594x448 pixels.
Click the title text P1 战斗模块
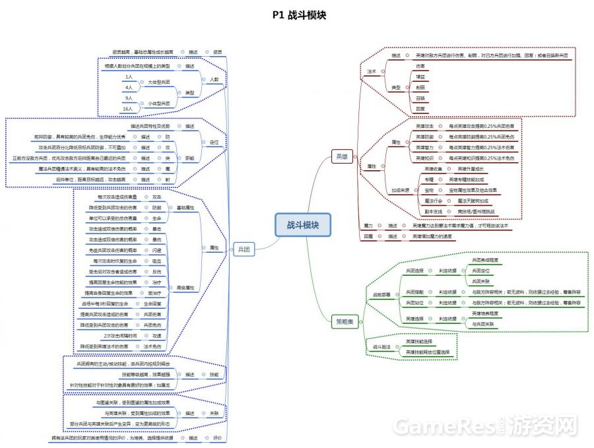click(x=298, y=15)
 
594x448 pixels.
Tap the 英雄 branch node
click(x=341, y=156)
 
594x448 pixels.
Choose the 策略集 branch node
click(x=345, y=322)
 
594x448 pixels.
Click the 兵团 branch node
click(x=242, y=249)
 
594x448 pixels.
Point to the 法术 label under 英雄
click(x=372, y=71)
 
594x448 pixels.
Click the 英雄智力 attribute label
click(x=424, y=147)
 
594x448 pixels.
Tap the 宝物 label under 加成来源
click(x=428, y=189)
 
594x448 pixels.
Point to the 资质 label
click(x=218, y=51)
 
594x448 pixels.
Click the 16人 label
click(x=128, y=108)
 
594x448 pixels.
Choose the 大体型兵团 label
click(x=158, y=82)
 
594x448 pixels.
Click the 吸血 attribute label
click(x=156, y=261)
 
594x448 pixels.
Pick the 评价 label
click(x=218, y=437)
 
